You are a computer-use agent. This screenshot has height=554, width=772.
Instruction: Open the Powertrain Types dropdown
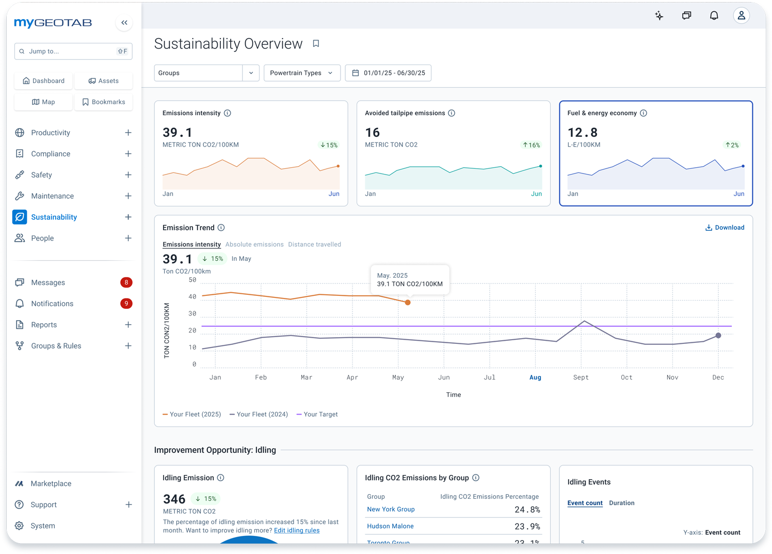tap(301, 73)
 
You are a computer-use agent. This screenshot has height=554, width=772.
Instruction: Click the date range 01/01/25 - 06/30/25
tap(388, 73)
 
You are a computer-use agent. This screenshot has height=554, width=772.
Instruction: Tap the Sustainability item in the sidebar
tap(54, 217)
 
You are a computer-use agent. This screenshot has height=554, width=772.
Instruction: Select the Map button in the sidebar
tap(43, 102)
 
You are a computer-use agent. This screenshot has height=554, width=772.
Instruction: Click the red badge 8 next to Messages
tap(126, 282)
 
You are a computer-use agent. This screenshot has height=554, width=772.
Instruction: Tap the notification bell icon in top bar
tap(714, 15)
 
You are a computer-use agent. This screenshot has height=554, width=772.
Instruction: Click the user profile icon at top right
tap(741, 15)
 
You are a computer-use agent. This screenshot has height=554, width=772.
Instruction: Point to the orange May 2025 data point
tap(408, 303)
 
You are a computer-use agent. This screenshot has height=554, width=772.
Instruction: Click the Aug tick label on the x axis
tap(535, 377)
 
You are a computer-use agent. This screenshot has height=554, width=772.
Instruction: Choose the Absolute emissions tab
tap(254, 244)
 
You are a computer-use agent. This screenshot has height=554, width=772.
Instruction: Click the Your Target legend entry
tap(317, 414)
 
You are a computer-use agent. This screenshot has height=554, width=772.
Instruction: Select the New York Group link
tap(391, 509)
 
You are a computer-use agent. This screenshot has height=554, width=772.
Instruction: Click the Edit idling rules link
tap(297, 530)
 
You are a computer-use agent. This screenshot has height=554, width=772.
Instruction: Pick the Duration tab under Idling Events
tap(621, 503)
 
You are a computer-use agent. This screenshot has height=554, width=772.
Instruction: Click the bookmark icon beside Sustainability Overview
tap(316, 44)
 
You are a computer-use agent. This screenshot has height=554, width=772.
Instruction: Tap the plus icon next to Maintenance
tap(128, 196)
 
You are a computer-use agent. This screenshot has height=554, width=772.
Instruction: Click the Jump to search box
tap(73, 51)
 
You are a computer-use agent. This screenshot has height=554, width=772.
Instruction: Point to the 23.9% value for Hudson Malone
tap(527, 526)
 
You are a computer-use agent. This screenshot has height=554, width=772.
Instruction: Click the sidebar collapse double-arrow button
tap(124, 23)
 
